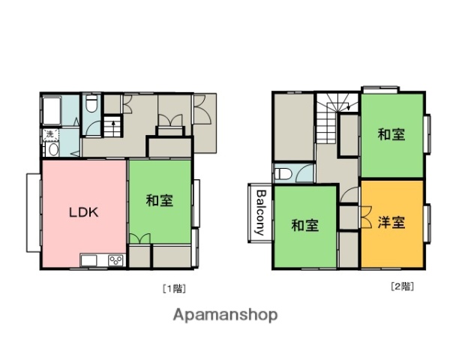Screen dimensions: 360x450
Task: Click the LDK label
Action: pos(84,212)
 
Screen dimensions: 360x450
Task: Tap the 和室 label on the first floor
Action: pos(159,200)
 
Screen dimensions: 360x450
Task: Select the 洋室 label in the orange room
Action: pos(391,223)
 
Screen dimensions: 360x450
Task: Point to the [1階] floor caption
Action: pos(173,286)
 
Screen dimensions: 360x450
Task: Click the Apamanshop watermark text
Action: pos(225,315)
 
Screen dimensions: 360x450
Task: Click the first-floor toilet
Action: pos(91,106)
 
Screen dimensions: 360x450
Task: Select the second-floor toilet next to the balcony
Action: pos(283,173)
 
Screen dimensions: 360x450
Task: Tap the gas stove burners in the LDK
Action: pos(116,260)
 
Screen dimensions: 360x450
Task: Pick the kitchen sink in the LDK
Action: pos(89,260)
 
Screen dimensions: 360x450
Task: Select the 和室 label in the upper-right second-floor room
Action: pos(391,135)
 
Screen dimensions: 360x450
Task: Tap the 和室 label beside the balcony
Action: pos(304,225)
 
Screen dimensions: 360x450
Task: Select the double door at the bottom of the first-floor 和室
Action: pos(139,238)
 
